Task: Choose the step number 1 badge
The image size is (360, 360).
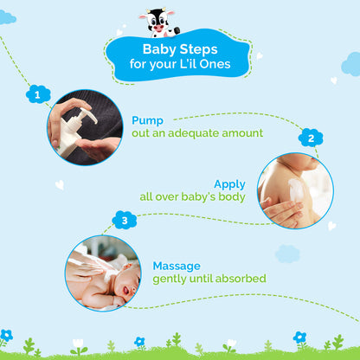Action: [x=36, y=92]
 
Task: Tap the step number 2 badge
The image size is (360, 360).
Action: [x=311, y=138]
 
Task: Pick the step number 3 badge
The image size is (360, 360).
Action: [x=125, y=220]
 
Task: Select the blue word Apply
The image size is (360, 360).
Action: [x=229, y=183]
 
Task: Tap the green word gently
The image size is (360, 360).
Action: [x=172, y=279]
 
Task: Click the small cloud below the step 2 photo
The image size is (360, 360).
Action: [x=286, y=254]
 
